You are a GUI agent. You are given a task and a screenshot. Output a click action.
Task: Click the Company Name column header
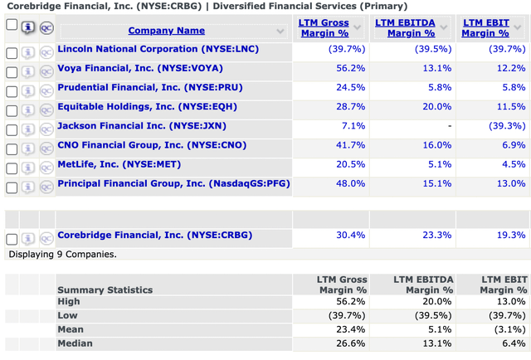pos(166,31)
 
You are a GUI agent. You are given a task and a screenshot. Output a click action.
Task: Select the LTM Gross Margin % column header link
pos(323,28)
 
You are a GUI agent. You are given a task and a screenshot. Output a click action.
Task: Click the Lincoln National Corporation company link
pos(158,49)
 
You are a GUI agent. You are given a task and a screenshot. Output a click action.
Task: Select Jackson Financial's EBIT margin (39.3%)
pos(507,126)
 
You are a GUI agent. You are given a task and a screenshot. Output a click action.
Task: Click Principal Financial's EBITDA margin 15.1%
pos(436,183)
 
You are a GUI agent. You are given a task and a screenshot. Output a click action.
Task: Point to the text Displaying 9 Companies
pos(62,254)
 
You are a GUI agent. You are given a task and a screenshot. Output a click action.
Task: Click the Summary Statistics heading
pos(105,289)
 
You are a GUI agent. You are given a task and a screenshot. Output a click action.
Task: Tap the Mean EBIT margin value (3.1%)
pos(509,329)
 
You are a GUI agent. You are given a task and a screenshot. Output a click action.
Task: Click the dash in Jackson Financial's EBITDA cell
pos(449,126)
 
